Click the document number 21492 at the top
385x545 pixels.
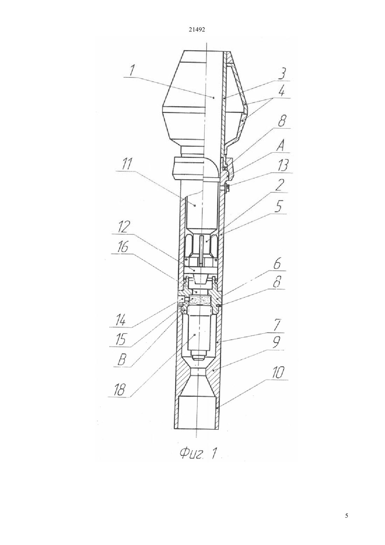coord(197,30)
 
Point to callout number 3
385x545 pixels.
coord(282,73)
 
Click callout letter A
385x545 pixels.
coord(281,146)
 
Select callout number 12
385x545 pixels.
coord(124,227)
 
